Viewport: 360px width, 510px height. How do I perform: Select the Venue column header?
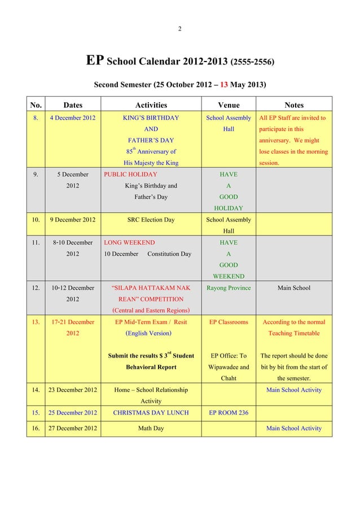point(229,104)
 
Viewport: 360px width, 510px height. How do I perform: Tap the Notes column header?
point(294,104)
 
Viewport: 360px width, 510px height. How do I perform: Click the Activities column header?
point(151,104)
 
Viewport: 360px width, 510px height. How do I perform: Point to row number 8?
point(37,118)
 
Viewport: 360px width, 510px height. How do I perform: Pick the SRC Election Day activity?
point(151,220)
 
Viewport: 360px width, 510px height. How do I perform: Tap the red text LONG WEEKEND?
point(130,242)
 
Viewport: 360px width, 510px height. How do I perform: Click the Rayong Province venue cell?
point(229,287)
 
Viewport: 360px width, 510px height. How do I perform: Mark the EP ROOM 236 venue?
point(229,412)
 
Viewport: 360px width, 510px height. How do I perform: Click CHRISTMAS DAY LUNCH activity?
point(151,412)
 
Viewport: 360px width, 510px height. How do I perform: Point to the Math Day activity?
point(151,428)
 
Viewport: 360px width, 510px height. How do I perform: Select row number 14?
point(37,390)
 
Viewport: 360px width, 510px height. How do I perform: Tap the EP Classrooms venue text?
point(229,322)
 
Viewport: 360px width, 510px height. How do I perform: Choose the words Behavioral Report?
point(151,367)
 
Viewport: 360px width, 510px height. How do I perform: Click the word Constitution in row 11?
point(163,254)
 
